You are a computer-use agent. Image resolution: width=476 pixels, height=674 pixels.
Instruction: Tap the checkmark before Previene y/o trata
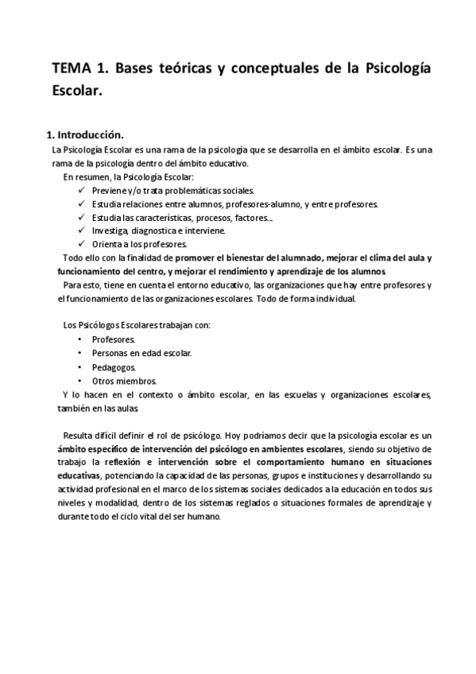83,190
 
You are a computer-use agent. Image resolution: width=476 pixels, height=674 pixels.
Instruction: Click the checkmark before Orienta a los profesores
83,243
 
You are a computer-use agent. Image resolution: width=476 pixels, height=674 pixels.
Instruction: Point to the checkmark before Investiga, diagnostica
83,230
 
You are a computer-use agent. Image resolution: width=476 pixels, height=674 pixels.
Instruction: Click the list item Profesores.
114,339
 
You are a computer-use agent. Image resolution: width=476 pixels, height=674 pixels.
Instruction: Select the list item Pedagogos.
114,366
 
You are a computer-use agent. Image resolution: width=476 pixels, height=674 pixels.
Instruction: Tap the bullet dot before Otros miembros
81,380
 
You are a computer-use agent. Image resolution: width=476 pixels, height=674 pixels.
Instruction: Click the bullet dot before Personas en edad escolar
81,353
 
